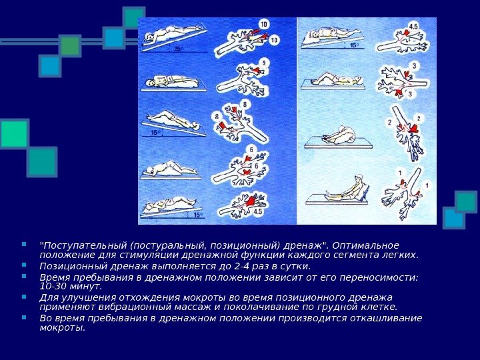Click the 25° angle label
click(179, 49)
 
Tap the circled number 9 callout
click(264, 63)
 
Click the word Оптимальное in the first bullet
click(365, 245)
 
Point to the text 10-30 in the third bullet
click(53, 287)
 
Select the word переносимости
click(379, 278)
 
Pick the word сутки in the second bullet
click(296, 266)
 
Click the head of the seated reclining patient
click(358, 178)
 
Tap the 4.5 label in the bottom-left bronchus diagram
click(258, 211)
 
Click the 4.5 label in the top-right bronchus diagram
click(413, 26)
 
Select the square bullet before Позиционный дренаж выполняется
click(24, 265)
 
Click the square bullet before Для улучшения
click(24, 296)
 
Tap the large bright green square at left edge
click(14, 133)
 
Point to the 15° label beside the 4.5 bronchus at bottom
click(198, 215)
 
